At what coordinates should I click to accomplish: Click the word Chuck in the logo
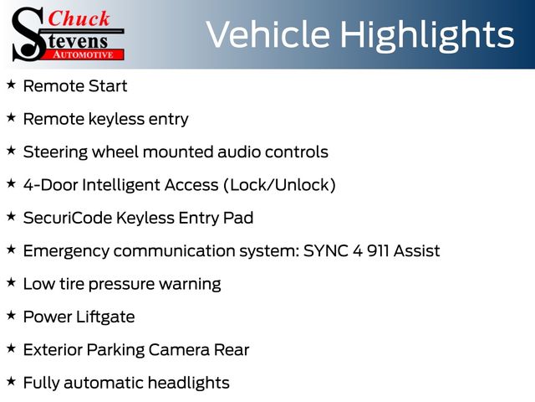[x=79, y=18]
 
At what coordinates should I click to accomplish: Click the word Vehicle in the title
[x=267, y=34]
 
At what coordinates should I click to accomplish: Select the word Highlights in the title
[x=427, y=35]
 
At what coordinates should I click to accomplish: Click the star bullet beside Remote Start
[x=11, y=85]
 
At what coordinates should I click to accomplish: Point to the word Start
[x=108, y=85]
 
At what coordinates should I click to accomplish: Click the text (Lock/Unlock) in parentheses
[x=280, y=185]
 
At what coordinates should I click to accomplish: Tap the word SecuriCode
[x=68, y=218]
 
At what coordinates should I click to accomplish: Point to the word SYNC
[x=326, y=251]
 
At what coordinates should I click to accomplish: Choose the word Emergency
[x=66, y=251]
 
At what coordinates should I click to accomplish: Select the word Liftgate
[x=105, y=317]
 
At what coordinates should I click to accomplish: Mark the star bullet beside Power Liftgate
[x=11, y=315]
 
